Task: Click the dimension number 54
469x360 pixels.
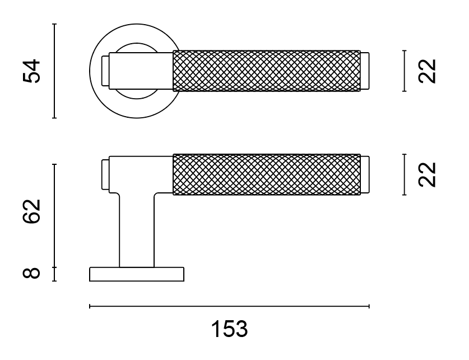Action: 31,71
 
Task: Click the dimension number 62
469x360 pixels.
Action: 31,211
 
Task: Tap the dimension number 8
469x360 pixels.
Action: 31,273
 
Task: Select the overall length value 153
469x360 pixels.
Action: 229,329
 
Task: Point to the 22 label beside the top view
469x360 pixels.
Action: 427,71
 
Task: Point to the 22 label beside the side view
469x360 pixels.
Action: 427,175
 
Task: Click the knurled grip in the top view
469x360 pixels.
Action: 267,71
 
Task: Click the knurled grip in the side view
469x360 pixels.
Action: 267,174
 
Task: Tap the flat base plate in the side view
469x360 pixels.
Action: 137,274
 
